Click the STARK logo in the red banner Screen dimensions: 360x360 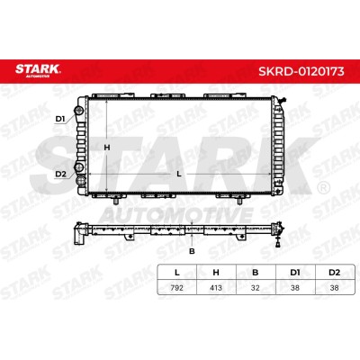[x=38, y=70]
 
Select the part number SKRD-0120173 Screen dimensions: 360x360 [x=301, y=71]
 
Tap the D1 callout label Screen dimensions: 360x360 [x=60, y=119]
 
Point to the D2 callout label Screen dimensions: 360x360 [x=60, y=174]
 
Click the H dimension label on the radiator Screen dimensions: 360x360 [x=107, y=148]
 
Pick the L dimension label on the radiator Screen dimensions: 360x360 [x=179, y=174]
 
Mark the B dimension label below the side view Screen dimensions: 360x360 [x=192, y=251]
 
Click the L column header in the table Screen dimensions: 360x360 [x=177, y=273]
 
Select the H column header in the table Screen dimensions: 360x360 [x=216, y=273]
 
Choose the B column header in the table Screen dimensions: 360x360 [x=256, y=273]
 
